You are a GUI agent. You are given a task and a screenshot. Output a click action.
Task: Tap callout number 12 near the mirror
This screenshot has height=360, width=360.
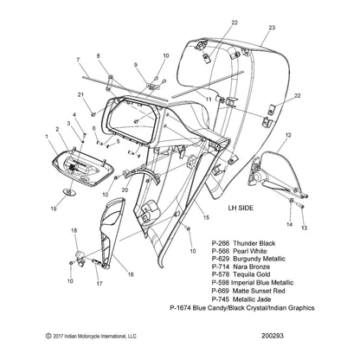click(x=287, y=135)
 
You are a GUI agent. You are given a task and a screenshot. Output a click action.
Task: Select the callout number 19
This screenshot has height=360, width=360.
click(x=55, y=209)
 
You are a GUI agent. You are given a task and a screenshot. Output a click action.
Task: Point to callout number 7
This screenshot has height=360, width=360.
click(x=77, y=60)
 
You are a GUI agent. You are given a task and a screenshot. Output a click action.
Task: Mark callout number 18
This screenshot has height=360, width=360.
click(x=74, y=229)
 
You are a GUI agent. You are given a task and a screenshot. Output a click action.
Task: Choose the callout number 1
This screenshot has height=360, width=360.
click(x=45, y=136)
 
